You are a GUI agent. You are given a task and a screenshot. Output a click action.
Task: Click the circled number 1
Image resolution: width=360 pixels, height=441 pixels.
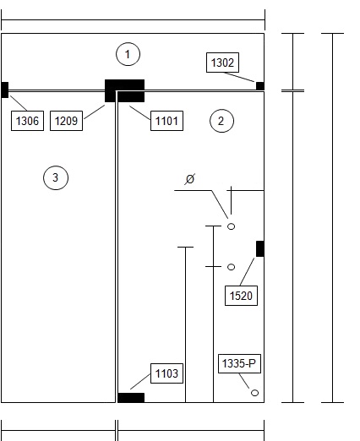click(128, 54)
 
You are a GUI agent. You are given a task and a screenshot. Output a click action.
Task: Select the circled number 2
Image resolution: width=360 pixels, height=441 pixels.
click(221, 121)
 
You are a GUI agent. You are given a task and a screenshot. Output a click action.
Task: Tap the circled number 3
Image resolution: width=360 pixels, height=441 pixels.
click(56, 177)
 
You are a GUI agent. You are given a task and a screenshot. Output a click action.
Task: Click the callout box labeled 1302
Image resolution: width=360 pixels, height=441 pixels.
click(222, 63)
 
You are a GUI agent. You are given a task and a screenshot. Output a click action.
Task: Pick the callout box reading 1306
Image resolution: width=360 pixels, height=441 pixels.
click(27, 121)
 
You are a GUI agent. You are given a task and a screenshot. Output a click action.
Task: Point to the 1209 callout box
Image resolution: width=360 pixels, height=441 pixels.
click(66, 121)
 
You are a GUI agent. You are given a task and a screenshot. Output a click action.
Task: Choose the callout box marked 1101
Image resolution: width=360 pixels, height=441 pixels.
click(166, 121)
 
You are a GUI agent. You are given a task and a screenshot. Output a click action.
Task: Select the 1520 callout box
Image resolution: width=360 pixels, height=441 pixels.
click(241, 296)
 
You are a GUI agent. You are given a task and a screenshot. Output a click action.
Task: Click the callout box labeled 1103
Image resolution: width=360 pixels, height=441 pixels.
click(166, 373)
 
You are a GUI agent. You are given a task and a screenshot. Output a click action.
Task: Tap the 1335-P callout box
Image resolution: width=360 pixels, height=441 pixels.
click(239, 363)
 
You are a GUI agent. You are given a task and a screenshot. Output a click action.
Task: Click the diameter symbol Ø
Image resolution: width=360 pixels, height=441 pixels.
click(190, 179)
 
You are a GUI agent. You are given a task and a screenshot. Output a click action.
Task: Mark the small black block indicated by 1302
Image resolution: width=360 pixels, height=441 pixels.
click(260, 86)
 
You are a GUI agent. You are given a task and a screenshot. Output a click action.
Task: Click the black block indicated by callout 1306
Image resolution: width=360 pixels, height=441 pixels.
click(5, 90)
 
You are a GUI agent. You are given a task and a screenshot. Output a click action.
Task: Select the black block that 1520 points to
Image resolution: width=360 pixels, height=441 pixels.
click(260, 248)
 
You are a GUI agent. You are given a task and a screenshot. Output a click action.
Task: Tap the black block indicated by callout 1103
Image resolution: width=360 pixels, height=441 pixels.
click(131, 398)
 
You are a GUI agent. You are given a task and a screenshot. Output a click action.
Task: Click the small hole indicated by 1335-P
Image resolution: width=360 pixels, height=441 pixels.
click(254, 393)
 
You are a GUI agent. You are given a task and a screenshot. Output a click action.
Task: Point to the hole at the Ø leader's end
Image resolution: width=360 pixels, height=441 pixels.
click(231, 226)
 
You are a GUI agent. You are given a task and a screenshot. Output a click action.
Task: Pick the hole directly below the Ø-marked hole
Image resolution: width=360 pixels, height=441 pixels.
click(231, 267)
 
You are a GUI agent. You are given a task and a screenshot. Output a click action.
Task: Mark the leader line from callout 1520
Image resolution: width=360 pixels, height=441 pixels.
click(247, 271)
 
